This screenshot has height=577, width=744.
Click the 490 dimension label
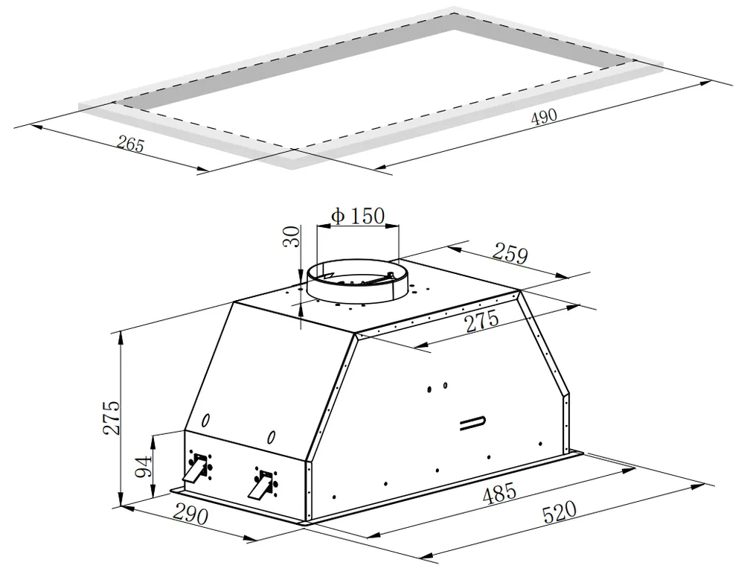(543, 117)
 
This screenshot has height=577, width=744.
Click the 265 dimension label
(129, 144)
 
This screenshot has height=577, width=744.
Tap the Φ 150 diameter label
(358, 216)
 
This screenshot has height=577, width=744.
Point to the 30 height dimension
(292, 237)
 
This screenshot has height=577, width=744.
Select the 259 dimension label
(510, 253)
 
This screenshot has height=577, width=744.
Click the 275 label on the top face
(481, 321)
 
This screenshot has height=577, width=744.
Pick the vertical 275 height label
(112, 417)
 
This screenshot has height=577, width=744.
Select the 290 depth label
(190, 514)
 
